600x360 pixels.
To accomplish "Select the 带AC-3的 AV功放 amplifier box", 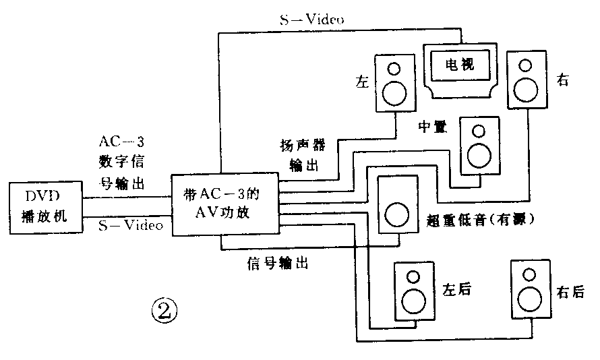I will (225, 204).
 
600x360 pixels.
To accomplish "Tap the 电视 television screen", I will (460, 65).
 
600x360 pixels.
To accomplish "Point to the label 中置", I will (431, 127).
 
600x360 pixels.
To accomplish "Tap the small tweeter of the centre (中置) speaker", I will (479, 131).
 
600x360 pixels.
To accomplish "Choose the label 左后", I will (456, 290).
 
